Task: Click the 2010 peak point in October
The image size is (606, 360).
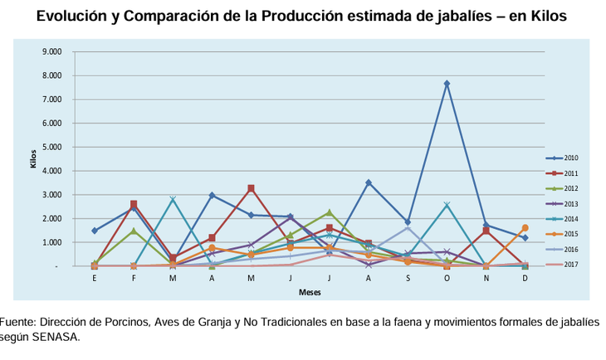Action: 447,83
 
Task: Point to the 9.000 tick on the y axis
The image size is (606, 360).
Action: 52,51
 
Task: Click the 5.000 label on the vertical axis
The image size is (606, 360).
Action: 52,147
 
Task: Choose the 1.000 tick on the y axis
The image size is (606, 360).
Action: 52,242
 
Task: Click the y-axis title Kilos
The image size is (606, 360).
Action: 34,158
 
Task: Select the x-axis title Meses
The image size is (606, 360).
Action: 310,292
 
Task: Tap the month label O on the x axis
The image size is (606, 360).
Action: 447,278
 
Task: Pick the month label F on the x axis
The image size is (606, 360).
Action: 134,278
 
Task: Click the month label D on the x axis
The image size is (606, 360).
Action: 525,278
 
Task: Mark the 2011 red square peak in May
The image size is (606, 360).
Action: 251,188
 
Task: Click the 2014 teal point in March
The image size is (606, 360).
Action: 173,199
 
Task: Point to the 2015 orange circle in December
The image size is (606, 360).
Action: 525,227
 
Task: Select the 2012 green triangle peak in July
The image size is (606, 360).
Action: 330,212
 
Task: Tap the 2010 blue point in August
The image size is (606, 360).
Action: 369,182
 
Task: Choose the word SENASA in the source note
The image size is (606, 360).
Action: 55,337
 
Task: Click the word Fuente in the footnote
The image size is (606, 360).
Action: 17,322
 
